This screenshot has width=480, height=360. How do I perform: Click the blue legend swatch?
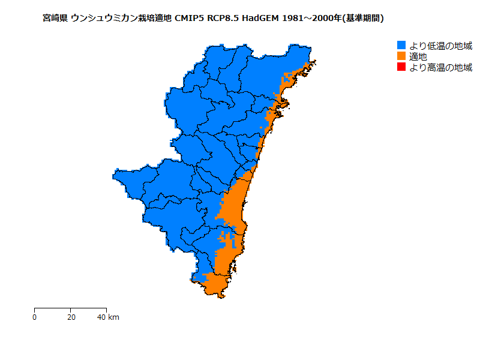click(x=402, y=46)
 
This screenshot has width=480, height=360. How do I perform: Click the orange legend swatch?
click(x=402, y=56)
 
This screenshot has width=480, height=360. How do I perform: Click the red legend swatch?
click(x=402, y=67)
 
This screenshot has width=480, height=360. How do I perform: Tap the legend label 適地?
click(x=419, y=56)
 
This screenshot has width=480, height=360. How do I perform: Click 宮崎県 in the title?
click(x=55, y=19)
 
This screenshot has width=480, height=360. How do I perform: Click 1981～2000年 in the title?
click(x=310, y=19)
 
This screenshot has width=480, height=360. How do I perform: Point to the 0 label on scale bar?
click(x=35, y=317)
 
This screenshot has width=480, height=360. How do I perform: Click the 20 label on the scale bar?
click(x=71, y=317)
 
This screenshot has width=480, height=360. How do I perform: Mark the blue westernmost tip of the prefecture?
click(x=115, y=175)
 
